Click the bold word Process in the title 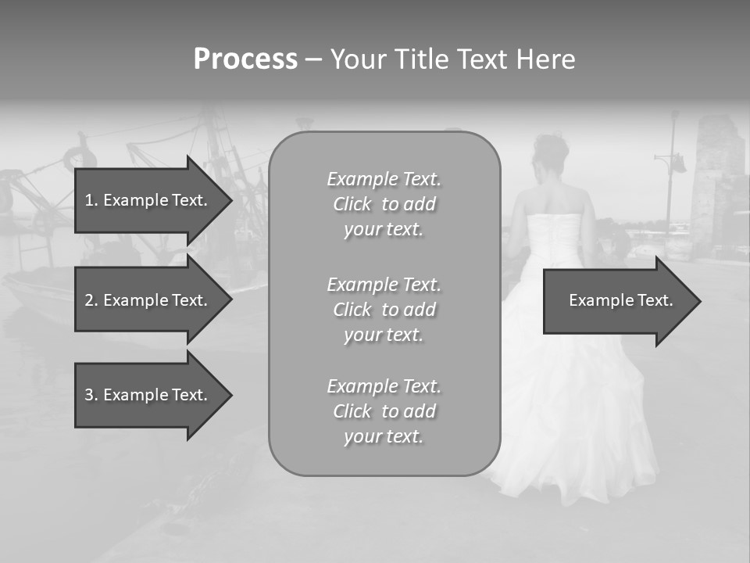pyautogui.click(x=245, y=59)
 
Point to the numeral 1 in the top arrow pyautogui.click(x=89, y=200)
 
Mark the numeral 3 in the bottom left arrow pyautogui.click(x=89, y=395)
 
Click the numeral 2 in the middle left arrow pyautogui.click(x=89, y=300)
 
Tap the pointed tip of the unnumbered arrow pyautogui.click(x=699, y=301)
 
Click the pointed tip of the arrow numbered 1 pyautogui.click(x=231, y=200)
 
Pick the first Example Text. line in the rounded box pyautogui.click(x=384, y=179)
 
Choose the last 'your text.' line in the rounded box pyautogui.click(x=384, y=436)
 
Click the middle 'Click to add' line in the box pyautogui.click(x=384, y=310)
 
